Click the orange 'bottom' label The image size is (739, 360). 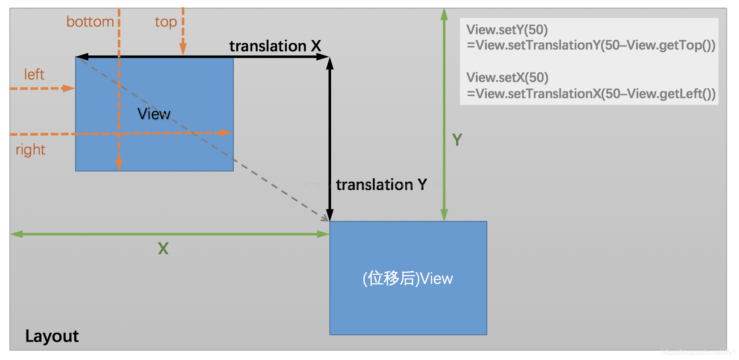90,22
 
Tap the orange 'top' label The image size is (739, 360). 166,22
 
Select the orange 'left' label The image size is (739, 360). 34,75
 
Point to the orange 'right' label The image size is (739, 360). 30,150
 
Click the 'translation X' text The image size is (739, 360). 275,46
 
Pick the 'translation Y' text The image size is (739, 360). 381,184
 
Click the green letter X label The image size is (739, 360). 163,249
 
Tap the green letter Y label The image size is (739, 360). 457,140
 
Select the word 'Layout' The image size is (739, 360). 52,336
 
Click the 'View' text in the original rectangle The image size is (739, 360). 154,114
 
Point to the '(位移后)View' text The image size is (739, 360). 407,279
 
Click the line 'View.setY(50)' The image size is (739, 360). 507,30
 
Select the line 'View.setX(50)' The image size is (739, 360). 507,78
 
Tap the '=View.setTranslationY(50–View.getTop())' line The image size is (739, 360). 591,45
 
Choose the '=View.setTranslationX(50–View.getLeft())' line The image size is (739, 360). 591,94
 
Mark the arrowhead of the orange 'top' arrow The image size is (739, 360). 183,50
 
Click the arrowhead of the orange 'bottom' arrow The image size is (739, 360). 119,165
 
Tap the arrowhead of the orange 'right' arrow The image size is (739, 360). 227,133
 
